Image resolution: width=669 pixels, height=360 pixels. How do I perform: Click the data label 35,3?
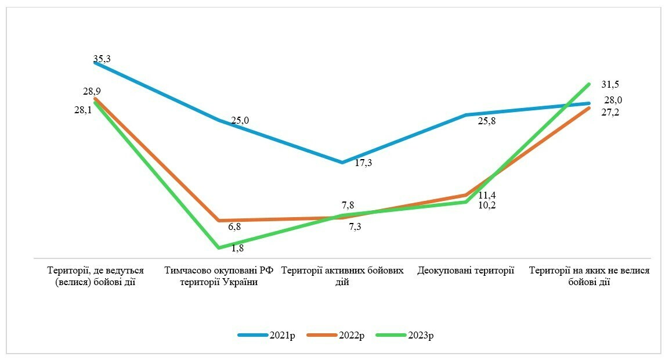[x=102, y=59]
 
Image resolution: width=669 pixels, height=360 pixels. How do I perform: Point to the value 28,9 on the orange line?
[x=92, y=92]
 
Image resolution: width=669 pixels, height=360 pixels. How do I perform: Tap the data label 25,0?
[x=240, y=120]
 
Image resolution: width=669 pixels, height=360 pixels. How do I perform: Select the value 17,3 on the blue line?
[x=363, y=163]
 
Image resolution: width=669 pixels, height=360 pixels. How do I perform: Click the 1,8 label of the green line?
[x=237, y=249]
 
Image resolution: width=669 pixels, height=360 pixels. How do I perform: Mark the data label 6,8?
[x=234, y=226]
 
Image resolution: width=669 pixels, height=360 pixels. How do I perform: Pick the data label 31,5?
[x=610, y=84]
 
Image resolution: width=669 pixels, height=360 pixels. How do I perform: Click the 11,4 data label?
[x=487, y=195]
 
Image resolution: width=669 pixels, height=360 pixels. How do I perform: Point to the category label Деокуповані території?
[x=466, y=271]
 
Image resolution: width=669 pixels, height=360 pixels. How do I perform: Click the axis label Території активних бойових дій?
[x=342, y=276]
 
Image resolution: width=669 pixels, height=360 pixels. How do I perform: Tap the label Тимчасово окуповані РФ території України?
[x=219, y=276]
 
